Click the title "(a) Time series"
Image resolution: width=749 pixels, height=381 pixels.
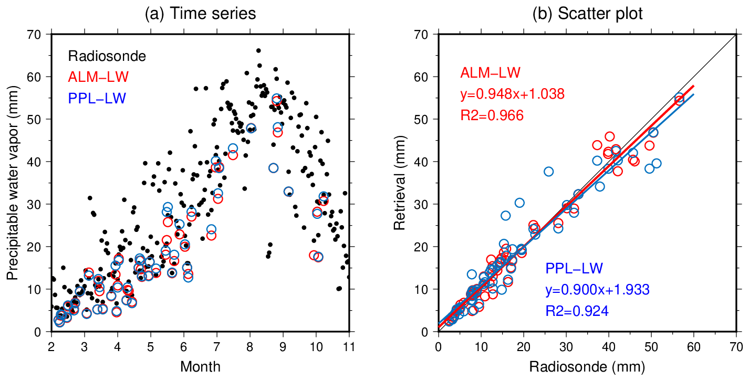click(x=200, y=14)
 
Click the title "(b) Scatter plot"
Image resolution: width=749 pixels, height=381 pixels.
click(x=587, y=14)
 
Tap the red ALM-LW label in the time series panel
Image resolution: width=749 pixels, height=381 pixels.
click(x=98, y=77)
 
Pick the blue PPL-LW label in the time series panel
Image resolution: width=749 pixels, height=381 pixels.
click(x=97, y=98)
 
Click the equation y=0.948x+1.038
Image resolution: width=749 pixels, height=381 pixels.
click(x=512, y=94)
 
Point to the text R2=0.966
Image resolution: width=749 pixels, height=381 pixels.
click(x=492, y=115)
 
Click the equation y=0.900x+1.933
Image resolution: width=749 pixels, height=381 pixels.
click(x=598, y=290)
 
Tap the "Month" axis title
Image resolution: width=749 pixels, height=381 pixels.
click(x=200, y=366)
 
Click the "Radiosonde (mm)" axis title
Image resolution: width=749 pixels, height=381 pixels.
click(x=587, y=366)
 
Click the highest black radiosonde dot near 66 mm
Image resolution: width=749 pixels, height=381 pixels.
click(x=258, y=50)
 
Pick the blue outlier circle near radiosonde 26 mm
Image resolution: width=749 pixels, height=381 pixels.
click(x=548, y=172)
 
